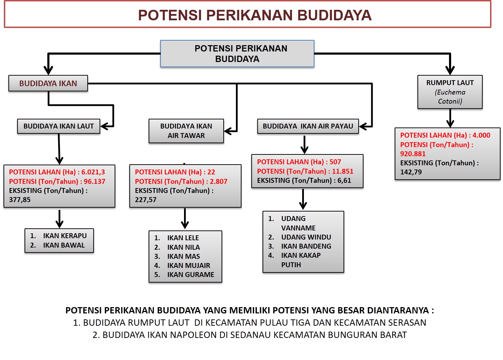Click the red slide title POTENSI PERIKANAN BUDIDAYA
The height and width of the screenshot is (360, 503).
[x=254, y=15]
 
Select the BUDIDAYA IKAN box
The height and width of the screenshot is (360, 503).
[x=48, y=83]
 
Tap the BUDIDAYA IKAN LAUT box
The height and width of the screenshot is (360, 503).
[x=59, y=126]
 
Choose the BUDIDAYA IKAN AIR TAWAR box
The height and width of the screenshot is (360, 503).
[x=186, y=131]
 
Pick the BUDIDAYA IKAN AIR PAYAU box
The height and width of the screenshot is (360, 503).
[x=308, y=126]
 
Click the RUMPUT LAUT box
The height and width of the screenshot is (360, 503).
[x=450, y=92]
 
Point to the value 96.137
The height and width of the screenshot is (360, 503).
[x=94, y=181]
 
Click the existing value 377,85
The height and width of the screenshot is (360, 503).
[x=20, y=200]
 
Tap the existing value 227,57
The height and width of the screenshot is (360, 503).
[x=145, y=200]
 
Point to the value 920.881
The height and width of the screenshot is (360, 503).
[x=413, y=154]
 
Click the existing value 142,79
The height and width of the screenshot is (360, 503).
[x=411, y=172]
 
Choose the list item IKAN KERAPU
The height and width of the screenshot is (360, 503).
[x=65, y=236]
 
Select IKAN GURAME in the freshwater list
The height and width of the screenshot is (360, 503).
[x=190, y=275]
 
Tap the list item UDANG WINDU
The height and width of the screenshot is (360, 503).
[x=306, y=237]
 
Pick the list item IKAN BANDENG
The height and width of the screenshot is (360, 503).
[x=306, y=246]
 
